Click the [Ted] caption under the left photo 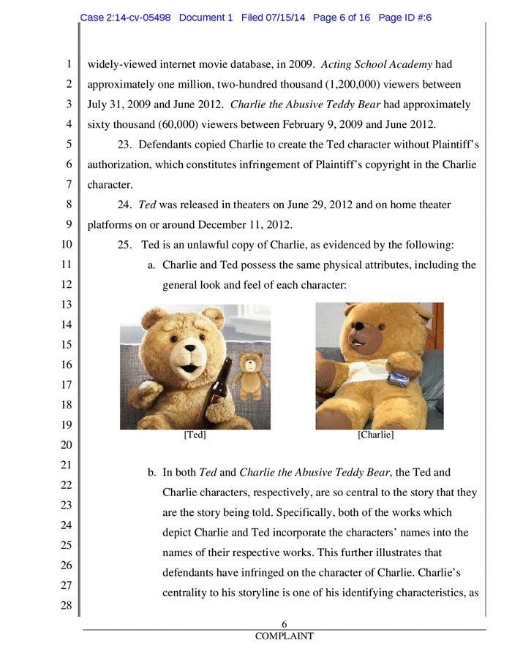point(195,435)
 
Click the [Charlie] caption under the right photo point(376,435)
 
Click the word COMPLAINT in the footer point(284,636)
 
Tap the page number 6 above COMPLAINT point(284,624)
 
